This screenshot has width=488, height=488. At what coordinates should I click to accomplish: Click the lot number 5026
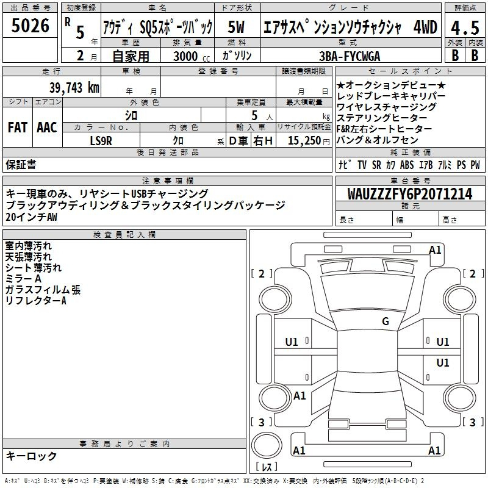[30, 26]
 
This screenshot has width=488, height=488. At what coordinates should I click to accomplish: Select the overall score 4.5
[465, 27]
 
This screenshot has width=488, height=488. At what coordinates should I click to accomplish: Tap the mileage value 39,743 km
[74, 88]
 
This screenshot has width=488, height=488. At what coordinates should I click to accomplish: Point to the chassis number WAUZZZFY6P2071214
[410, 194]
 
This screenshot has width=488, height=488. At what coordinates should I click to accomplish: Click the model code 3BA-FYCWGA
[350, 56]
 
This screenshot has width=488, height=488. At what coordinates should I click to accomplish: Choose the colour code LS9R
[101, 141]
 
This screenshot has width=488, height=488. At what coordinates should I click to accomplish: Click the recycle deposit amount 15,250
[304, 141]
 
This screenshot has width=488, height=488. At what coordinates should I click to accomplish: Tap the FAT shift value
[18, 127]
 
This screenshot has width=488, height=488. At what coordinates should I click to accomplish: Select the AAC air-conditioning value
[47, 127]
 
